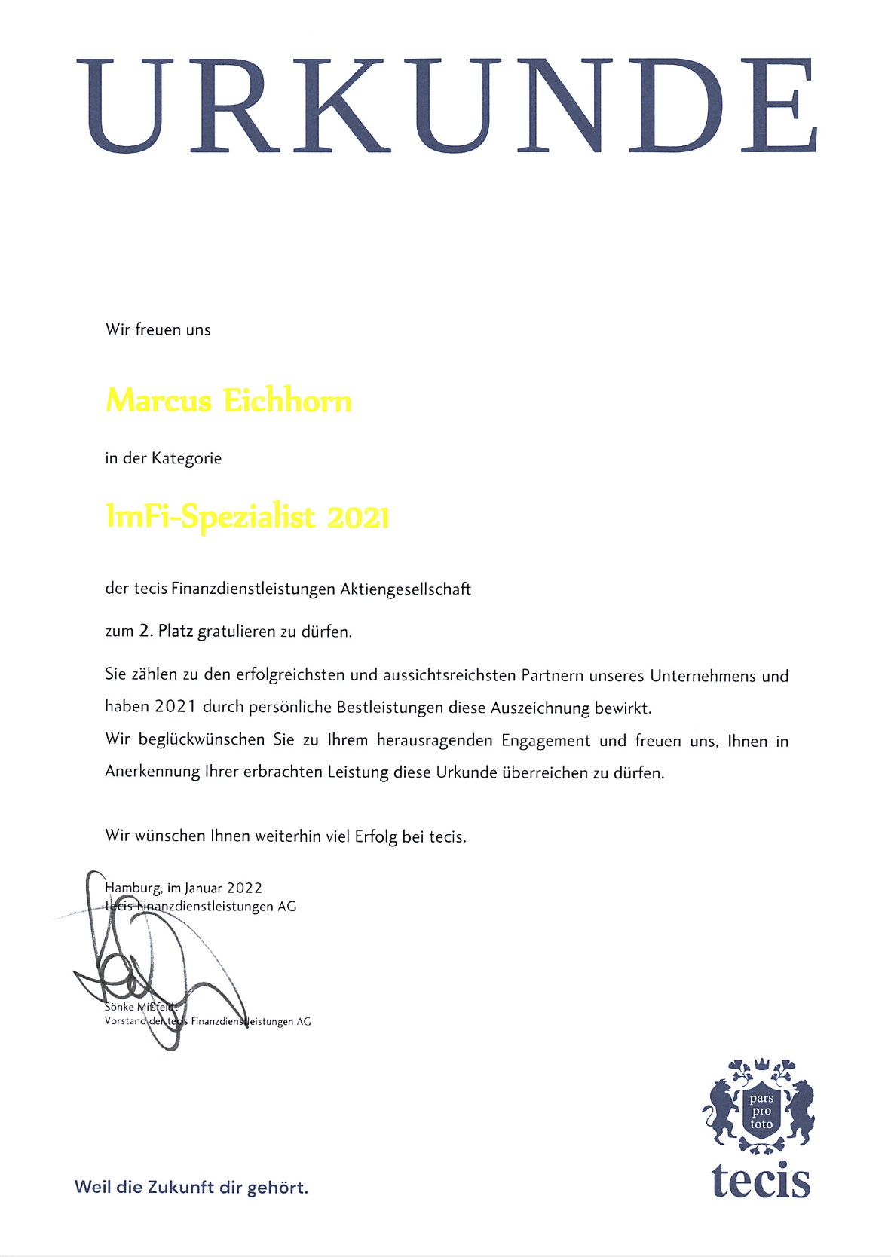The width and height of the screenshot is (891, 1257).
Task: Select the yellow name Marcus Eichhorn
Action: click(228, 400)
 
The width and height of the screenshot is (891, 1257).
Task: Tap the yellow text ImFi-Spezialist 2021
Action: click(247, 517)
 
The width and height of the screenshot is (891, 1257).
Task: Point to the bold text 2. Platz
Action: click(166, 632)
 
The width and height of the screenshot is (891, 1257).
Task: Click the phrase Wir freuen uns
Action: click(158, 330)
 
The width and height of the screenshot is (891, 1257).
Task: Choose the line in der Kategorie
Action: click(164, 458)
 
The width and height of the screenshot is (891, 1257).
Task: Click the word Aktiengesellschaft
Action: click(406, 589)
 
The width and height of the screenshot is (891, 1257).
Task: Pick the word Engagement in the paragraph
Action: click(546, 741)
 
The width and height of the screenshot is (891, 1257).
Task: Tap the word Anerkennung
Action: click(152, 772)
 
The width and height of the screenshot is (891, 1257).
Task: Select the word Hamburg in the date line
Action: click(133, 888)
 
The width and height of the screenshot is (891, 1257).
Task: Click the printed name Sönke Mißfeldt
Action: click(141, 1007)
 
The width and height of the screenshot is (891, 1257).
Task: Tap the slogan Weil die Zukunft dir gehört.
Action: click(191, 1188)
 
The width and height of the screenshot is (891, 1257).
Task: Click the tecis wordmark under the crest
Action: click(761, 1180)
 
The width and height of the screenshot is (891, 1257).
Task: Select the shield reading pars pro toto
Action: click(761, 1112)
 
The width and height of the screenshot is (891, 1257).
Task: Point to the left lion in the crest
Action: click(724, 1109)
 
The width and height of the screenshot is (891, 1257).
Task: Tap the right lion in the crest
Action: click(799, 1109)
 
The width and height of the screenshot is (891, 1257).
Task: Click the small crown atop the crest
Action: click(761, 1063)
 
